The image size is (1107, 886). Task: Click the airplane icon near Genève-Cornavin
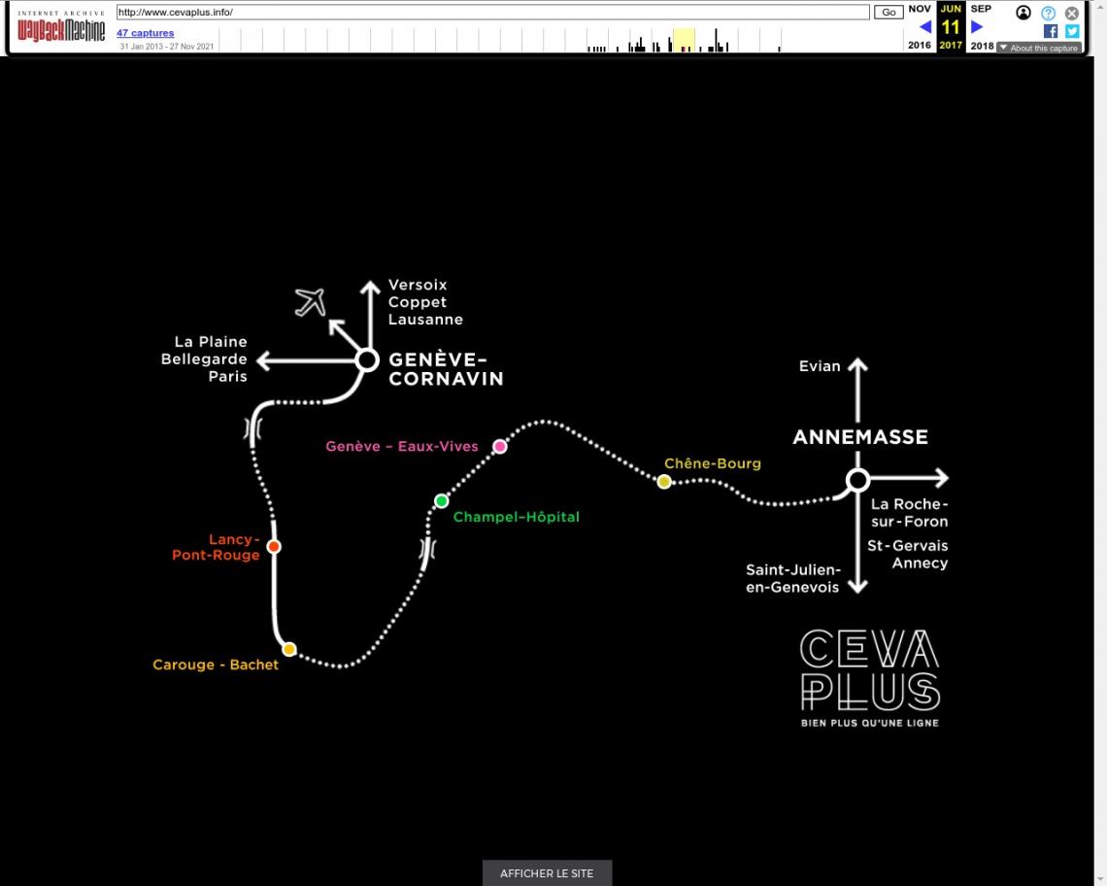pos(311,302)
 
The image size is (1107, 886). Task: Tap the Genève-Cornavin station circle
pos(367,360)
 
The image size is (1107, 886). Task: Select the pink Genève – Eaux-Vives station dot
pos(500,446)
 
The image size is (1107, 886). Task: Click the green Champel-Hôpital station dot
pos(441,501)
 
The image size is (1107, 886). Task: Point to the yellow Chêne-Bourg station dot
pos(663,482)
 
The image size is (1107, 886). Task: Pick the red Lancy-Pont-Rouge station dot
pos(274,546)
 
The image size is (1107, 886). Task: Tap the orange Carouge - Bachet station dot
pos(288,649)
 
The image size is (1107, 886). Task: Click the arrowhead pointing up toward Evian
pos(857,364)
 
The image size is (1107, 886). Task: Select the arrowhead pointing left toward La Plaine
pos(263,360)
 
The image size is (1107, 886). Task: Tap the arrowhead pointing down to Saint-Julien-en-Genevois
pos(857,587)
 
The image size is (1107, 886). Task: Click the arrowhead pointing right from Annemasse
pos(942,478)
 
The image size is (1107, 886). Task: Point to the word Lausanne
pos(425,320)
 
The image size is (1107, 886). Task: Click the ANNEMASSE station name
pos(860,436)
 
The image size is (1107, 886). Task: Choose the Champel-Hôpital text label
pos(516,517)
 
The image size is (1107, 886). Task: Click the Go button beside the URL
pos(889,12)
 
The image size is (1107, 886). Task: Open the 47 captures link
pos(145,32)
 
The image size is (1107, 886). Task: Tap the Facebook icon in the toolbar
pos(1051,31)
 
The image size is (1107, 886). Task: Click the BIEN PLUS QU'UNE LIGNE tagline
pos(870,723)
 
